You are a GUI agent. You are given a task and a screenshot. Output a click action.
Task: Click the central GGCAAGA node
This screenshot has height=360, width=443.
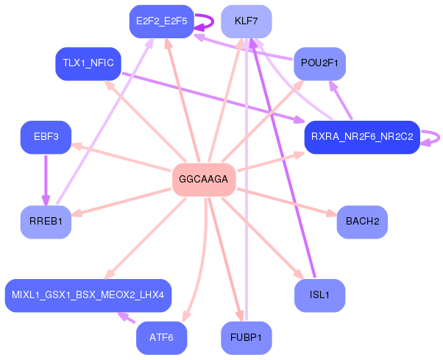(203, 180)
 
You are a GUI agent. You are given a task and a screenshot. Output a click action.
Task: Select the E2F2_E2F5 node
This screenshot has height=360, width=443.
(161, 21)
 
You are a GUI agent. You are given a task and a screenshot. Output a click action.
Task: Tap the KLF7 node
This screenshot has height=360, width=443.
(246, 21)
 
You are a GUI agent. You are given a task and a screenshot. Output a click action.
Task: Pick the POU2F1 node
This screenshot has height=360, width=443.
(319, 63)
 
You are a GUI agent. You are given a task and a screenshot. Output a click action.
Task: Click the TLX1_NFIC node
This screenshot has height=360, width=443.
(88, 63)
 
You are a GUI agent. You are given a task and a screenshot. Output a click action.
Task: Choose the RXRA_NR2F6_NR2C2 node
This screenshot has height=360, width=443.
(362, 137)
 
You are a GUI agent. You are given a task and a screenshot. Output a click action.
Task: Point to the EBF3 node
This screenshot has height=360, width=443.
(46, 137)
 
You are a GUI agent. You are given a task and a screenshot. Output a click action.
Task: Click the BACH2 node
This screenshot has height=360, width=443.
(362, 222)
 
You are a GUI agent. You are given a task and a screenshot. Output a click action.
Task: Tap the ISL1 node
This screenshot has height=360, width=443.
(319, 295)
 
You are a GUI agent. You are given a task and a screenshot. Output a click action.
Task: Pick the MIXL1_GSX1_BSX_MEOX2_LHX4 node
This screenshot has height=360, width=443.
(88, 295)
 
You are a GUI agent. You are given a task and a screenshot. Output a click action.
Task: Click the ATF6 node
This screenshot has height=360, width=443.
(161, 338)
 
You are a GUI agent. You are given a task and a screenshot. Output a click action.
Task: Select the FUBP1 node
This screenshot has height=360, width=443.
(246, 338)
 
